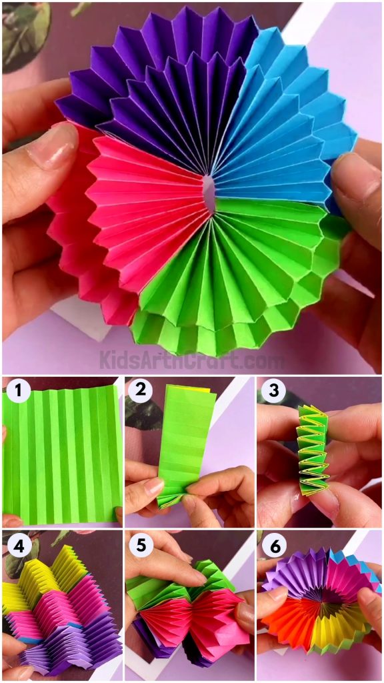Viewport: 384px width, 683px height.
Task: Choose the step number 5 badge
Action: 140,545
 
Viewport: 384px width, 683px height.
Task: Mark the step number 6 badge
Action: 272,545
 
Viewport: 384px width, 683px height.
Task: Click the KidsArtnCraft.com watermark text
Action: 192,360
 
